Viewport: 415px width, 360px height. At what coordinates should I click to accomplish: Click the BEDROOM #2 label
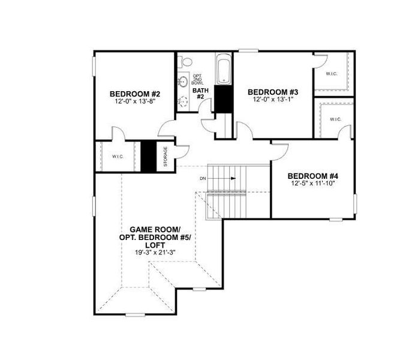point(135,94)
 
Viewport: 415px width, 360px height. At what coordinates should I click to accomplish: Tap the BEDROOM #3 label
point(273,92)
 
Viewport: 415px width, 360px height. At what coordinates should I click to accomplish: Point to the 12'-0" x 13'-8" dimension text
point(135,102)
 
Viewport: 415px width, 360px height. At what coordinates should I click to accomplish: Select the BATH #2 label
point(199,94)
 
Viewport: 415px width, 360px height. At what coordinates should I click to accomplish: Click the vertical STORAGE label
point(166,157)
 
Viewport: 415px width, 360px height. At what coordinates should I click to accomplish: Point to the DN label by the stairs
point(203,179)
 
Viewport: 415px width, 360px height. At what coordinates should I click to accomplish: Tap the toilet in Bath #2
point(186,62)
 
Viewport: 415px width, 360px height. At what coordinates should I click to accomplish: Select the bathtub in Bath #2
point(223,70)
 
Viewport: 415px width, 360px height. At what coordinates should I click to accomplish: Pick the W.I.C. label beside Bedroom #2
point(117,157)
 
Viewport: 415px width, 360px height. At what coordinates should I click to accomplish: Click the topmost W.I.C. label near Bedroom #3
point(331,74)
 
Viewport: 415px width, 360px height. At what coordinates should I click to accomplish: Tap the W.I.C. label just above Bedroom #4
point(334,119)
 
